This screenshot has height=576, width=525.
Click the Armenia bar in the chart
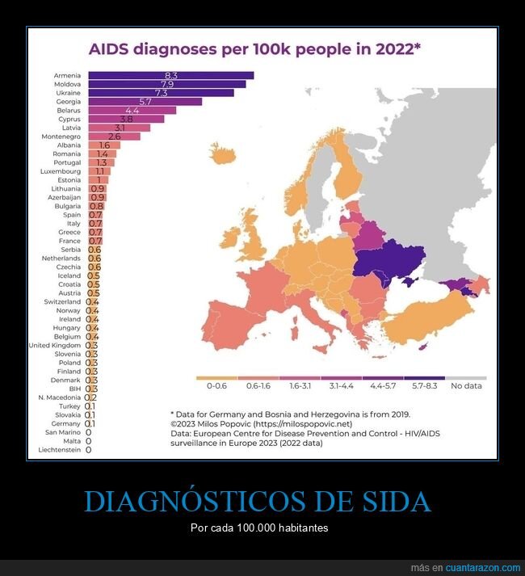point(170,75)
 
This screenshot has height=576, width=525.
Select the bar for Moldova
point(166,84)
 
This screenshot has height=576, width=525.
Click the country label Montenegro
point(61,137)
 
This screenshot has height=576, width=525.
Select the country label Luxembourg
point(61,171)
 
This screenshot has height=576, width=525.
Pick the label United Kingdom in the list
point(54,345)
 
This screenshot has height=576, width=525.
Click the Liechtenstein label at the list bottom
point(59,449)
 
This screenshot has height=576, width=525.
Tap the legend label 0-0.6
point(217,385)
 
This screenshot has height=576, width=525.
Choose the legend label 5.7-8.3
point(424,385)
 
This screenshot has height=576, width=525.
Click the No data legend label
point(466,385)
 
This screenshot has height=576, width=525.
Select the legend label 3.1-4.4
point(342,385)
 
